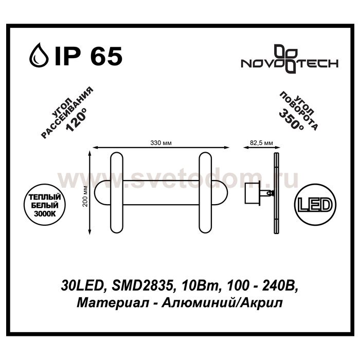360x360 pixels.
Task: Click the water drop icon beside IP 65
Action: [x=39, y=55]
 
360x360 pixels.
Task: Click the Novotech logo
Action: [x=290, y=59]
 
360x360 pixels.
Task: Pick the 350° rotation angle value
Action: [x=291, y=119]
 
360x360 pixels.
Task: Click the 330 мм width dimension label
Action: [x=161, y=143]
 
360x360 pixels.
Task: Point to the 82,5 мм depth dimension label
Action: [x=261, y=143]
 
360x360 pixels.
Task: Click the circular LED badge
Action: [x=315, y=205]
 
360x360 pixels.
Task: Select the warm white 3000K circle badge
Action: [x=45, y=205]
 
